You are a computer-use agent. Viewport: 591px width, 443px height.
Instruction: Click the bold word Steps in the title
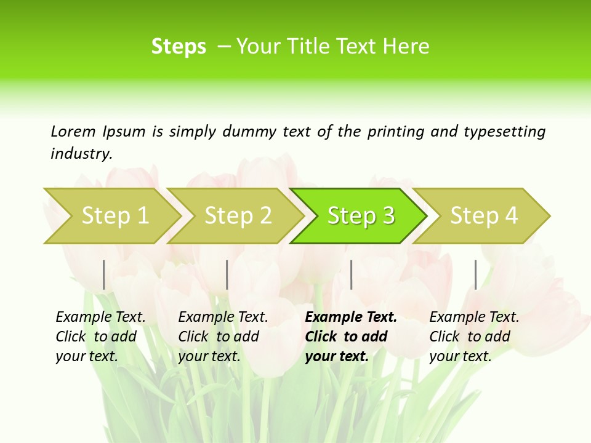click(x=179, y=47)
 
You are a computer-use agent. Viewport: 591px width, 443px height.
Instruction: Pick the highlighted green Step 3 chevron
click(x=361, y=216)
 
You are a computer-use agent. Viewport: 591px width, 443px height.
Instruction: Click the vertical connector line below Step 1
click(x=104, y=274)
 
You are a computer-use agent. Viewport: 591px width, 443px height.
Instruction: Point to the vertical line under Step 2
click(x=227, y=274)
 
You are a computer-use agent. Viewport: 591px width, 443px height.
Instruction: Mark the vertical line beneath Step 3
click(x=352, y=274)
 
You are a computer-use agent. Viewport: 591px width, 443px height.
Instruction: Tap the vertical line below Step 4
click(x=476, y=274)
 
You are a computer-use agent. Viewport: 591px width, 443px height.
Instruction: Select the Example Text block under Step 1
click(x=100, y=337)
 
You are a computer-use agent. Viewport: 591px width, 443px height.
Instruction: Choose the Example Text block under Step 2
click(x=223, y=337)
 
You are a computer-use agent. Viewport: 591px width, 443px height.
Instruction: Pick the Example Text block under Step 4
click(x=474, y=337)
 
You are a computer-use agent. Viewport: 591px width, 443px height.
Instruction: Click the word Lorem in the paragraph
click(x=73, y=131)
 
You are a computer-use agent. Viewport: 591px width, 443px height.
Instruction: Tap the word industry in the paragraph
click(x=81, y=153)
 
